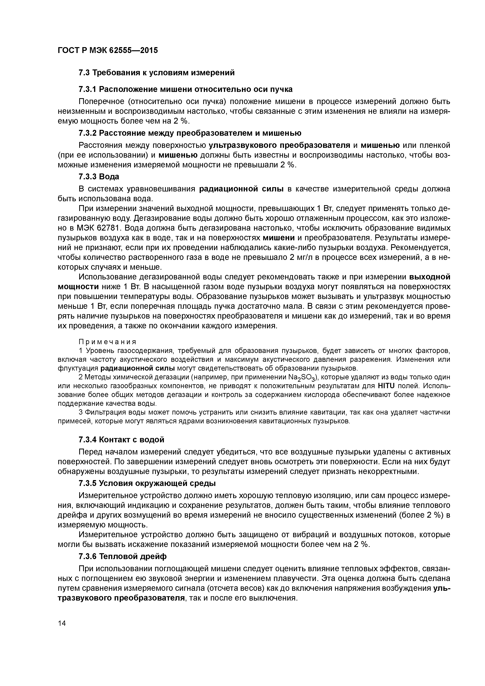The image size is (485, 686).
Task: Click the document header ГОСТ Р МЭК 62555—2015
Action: (108, 50)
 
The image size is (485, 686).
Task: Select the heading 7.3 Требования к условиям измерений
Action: (156, 73)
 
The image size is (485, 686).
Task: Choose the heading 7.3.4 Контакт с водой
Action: (121, 440)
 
